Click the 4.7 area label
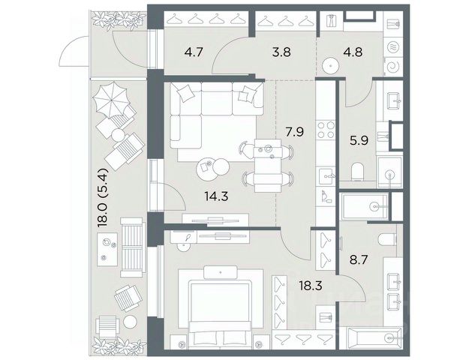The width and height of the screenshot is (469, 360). pos(194,52)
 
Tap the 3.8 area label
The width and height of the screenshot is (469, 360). pos(281,52)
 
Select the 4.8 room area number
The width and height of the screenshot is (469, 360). pos(353,52)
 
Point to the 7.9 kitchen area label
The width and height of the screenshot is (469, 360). pos(294,131)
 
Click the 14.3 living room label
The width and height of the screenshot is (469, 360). pos(216,196)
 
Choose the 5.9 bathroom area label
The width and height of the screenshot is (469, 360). pos(359,140)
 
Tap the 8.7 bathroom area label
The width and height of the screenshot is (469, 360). pos(359,259)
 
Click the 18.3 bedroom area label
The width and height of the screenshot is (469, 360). pos(311,286)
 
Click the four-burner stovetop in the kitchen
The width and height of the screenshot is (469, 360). pos(326,130)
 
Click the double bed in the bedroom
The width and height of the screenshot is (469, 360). pos(220,307)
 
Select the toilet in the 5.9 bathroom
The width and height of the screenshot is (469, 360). pos(357,172)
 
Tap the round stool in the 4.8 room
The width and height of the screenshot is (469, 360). pos(330,65)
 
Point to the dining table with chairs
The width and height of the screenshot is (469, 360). pos(268,165)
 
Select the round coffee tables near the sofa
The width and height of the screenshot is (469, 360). pos(212,169)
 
